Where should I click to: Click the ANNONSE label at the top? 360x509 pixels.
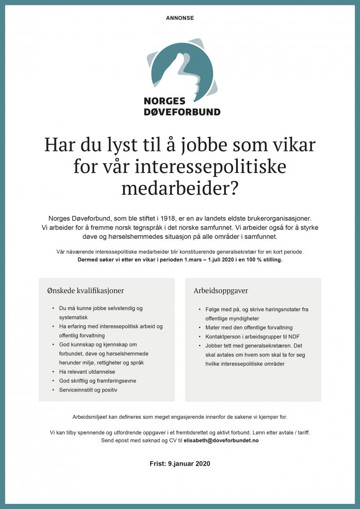[x=180, y=18]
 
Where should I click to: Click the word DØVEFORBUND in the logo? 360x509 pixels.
[x=182, y=112]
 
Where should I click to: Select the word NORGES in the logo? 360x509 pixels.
[x=165, y=101]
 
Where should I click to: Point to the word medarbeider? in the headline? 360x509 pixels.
[x=180, y=188]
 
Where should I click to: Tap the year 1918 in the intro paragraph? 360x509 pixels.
[x=173, y=218]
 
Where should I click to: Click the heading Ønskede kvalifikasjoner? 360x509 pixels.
[x=86, y=291]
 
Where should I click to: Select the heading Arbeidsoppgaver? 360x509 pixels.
[x=221, y=291]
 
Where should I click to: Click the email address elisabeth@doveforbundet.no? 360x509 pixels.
[x=221, y=440]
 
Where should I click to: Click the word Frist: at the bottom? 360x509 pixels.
[x=158, y=464]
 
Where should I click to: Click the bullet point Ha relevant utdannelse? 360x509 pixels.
[x=87, y=372]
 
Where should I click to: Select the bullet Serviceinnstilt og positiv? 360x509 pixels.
[x=88, y=389]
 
